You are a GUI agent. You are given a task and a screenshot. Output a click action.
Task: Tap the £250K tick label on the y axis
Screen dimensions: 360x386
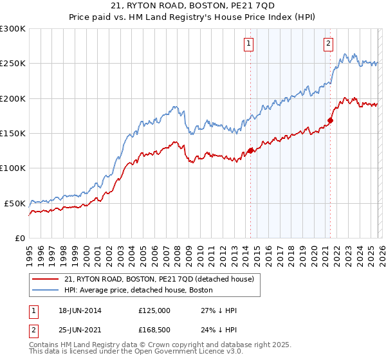(13, 64)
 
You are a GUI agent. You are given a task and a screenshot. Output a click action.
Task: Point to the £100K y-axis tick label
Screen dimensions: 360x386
(13, 168)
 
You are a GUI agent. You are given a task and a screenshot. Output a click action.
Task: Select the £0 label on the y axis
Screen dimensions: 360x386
(19, 238)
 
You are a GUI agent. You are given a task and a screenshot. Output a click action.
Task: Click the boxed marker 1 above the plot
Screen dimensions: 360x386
(248, 44)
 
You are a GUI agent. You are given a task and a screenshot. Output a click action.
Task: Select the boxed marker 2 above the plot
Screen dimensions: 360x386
(328, 44)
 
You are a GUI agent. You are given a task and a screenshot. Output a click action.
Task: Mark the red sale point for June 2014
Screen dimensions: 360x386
(250, 151)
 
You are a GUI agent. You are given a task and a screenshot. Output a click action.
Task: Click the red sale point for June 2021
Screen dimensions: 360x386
(330, 120)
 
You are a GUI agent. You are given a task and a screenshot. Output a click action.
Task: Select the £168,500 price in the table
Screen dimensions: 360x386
(154, 330)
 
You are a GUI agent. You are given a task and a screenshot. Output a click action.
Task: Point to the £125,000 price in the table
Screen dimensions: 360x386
(154, 310)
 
